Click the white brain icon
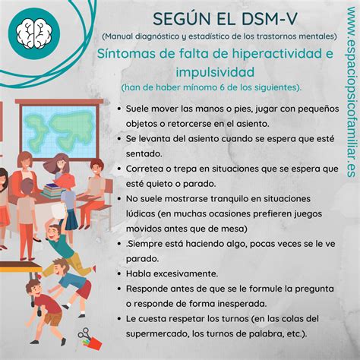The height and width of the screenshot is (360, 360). [x=34, y=34]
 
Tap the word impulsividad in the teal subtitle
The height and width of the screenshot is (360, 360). [x=215, y=72]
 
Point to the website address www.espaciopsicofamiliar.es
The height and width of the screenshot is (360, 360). [x=352, y=92]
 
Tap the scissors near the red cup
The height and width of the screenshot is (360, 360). [x=85, y=336]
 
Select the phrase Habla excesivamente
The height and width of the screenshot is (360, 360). [x=172, y=273]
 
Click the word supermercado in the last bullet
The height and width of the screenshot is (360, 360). [x=157, y=334]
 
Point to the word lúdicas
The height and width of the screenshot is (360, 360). [x=141, y=213]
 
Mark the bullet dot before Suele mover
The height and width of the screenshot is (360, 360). [x=119, y=109]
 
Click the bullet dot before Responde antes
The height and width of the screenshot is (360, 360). [x=119, y=289]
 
